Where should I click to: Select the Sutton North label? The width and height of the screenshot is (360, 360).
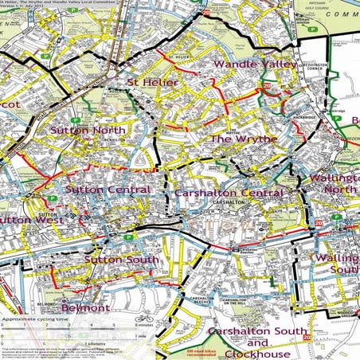[x=88, y=130]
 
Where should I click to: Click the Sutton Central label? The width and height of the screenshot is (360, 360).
[x=108, y=190]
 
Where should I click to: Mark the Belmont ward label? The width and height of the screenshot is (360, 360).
[x=84, y=307]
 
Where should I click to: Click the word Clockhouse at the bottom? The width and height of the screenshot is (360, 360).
[x=256, y=353]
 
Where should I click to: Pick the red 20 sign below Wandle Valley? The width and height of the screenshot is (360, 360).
[x=267, y=85]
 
